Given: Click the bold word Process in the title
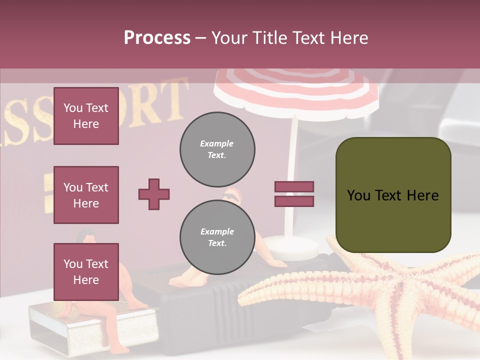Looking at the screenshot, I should point(157,38).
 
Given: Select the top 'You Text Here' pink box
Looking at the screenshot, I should point(86,116).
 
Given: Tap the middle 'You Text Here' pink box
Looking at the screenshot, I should point(86,195).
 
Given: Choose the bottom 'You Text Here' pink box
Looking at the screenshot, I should point(86,271).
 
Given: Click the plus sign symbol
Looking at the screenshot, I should point(154,194).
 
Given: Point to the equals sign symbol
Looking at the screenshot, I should point(294,194).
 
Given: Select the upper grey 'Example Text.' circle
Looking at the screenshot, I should point(217,149).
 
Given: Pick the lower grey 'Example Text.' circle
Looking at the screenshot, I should point(217,237).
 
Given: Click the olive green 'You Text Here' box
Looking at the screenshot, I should point(393,195).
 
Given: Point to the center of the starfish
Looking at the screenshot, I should point(395,290).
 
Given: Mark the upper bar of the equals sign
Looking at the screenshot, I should point(294,186).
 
